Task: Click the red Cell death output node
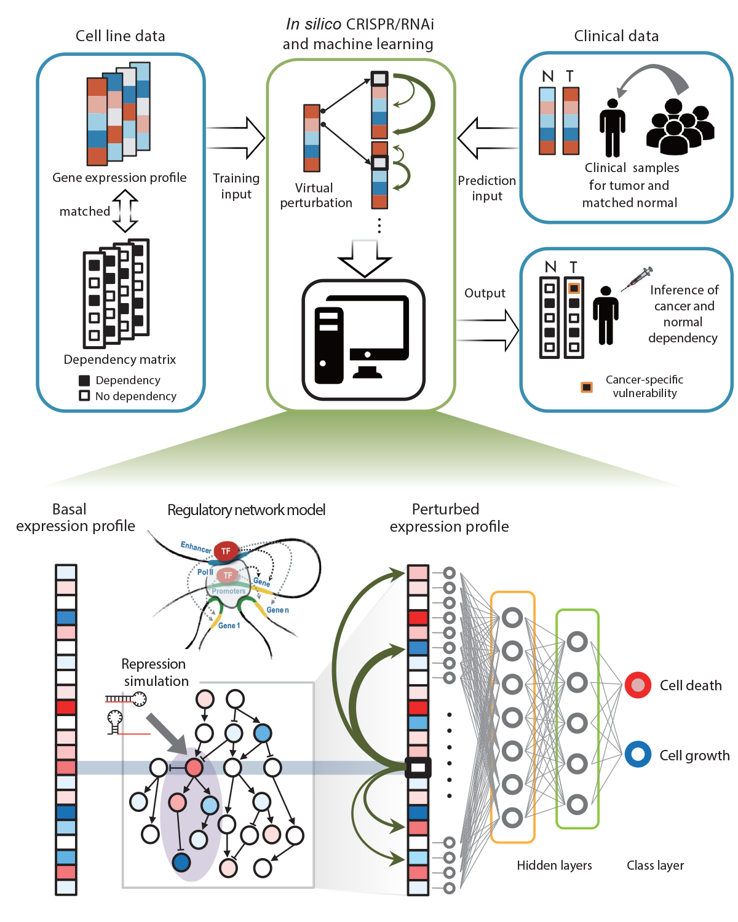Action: pyautogui.click(x=638, y=685)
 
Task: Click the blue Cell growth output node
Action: pyautogui.click(x=638, y=754)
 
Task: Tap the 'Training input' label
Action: pyautogui.click(x=236, y=186)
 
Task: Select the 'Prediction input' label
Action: pyautogui.click(x=486, y=188)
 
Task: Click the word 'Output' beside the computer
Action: pyautogui.click(x=485, y=293)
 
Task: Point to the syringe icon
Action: pyautogui.click(x=637, y=279)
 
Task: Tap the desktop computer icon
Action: pyautogui.click(x=363, y=339)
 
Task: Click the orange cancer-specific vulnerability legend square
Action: pyautogui.click(x=587, y=387)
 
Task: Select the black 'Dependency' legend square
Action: pyautogui.click(x=84, y=380)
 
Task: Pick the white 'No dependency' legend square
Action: pyautogui.click(x=84, y=396)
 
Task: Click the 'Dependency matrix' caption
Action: pyautogui.click(x=120, y=360)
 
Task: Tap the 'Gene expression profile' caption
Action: pyautogui.click(x=119, y=178)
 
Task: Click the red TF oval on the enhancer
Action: pyautogui.click(x=226, y=551)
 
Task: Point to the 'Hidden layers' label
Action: pyautogui.click(x=554, y=865)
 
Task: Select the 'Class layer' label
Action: pyautogui.click(x=655, y=865)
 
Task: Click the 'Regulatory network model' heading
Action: pyautogui.click(x=246, y=510)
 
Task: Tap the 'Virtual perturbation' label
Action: pyautogui.click(x=315, y=195)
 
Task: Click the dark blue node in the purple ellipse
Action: pyautogui.click(x=181, y=862)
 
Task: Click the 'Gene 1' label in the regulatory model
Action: pyautogui.click(x=229, y=625)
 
